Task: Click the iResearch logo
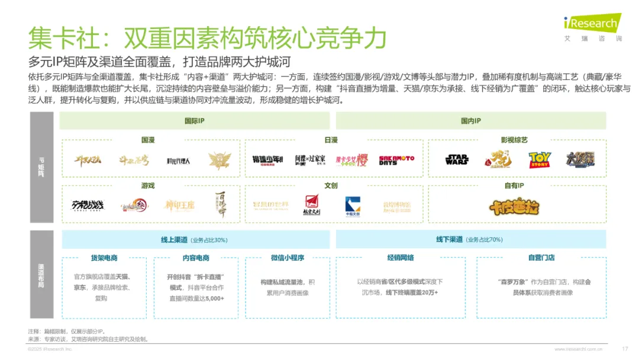[591, 24]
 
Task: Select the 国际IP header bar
[195, 121]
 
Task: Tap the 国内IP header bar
[470, 121]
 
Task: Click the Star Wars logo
[457, 160]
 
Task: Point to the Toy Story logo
[539, 160]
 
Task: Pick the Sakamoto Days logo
[396, 160]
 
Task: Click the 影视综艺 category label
[514, 140]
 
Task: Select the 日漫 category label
[331, 140]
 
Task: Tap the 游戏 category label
[148, 185]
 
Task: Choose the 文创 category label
[331, 185]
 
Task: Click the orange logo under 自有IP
[514, 207]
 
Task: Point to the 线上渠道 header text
[175, 240]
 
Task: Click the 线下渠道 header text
[449, 240]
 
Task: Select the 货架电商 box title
[104, 258]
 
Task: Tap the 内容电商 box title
[196, 258]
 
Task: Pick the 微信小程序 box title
[287, 258]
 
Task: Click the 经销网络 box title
[401, 258]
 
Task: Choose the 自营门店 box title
[541, 258]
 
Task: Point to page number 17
[625, 349]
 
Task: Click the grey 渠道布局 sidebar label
[41, 275]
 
